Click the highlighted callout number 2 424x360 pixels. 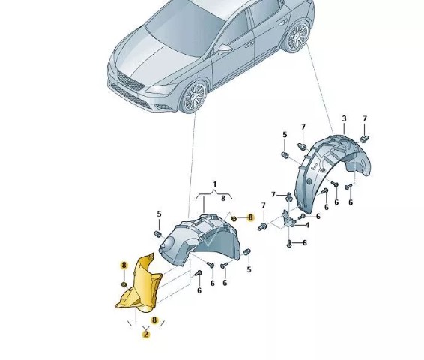(146, 334)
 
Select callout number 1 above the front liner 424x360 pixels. (215, 184)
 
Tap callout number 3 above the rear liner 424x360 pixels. (345, 118)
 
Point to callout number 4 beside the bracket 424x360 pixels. (307, 225)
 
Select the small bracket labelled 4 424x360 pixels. (288, 219)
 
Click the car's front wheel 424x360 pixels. (193, 97)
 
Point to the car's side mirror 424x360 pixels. (225, 49)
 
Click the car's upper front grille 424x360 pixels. (130, 80)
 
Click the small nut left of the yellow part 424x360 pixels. (124, 284)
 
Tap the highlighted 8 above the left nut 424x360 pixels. (124, 265)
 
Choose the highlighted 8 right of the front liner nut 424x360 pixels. (251, 217)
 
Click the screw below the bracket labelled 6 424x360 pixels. (289, 243)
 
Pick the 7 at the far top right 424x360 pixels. (365, 118)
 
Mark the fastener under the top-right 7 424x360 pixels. (365, 139)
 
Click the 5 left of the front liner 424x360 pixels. (159, 214)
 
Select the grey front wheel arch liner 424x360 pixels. (200, 239)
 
